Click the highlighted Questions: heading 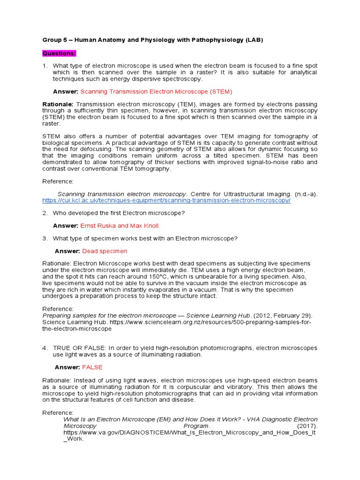(x=59, y=53)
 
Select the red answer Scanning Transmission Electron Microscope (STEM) (x=156, y=91)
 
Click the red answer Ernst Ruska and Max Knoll (x=120, y=225)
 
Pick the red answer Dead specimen (x=105, y=251)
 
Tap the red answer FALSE (x=92, y=367)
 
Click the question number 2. (x=45, y=213)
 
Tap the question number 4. (x=45, y=348)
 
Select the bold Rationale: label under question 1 (x=58, y=104)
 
